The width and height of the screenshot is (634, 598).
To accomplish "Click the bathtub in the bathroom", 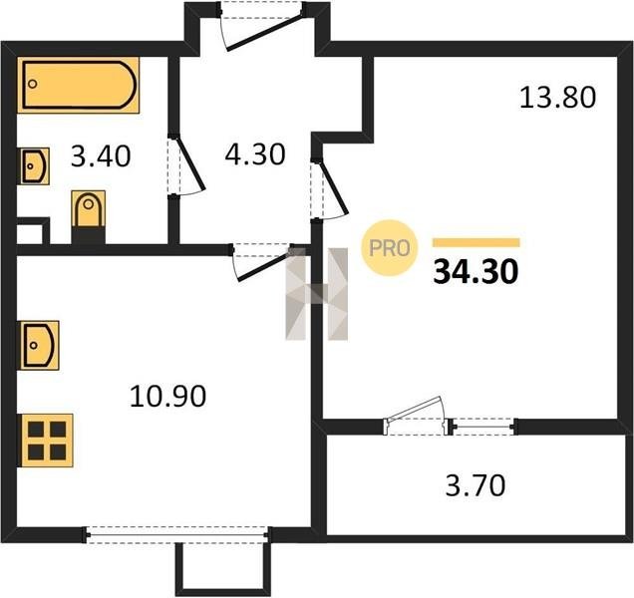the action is pos(79,85).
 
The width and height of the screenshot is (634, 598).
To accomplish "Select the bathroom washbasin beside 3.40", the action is pos(35,166).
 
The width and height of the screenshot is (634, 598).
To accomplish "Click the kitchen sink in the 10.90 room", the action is pos(40,345).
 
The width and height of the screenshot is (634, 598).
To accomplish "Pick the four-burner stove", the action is pos(47,441).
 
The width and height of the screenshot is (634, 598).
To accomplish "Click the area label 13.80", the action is pos(557,98).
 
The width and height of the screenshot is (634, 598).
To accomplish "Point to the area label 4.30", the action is pos(255,154).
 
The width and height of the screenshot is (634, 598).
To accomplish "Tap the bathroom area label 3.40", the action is pos(101,156).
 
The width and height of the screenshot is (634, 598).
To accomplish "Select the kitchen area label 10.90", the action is pos(168,396).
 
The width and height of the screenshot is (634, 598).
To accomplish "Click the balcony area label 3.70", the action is pos(475,485).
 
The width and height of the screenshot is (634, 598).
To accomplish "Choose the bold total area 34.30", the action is pos(475,272).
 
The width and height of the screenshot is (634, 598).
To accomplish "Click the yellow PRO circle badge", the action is pos(389,248).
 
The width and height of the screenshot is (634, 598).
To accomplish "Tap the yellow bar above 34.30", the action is pos(475,242).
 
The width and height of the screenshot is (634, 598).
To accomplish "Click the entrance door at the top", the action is pos(261,26).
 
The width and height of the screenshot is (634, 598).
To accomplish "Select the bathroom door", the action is pos(186,166).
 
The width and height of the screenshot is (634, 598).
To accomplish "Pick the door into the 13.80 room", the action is pos(329,189).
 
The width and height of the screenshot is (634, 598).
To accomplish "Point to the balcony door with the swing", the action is pos(417,417).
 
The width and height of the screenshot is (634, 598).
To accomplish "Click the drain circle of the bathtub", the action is pos(33,84).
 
